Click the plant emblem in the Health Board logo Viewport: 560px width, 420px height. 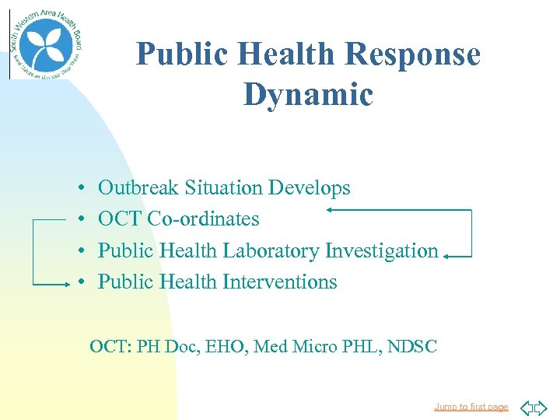(45, 44)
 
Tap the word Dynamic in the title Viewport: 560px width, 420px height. (308, 95)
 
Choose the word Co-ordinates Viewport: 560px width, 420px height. (203, 219)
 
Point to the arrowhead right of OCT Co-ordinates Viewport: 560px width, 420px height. (331, 209)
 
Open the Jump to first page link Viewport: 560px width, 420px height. (471, 407)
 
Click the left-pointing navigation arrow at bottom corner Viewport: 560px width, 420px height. (526, 407)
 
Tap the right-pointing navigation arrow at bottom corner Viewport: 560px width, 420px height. (541, 407)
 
